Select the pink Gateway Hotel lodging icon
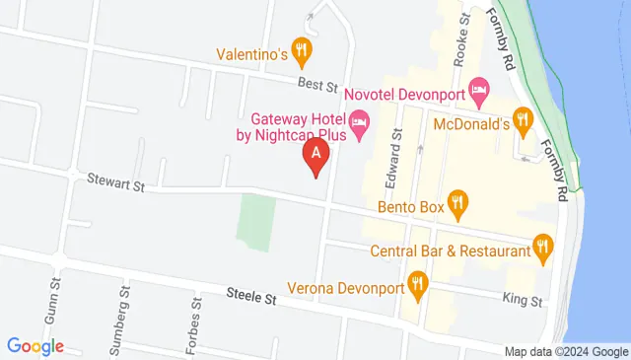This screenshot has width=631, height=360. pos(360,126)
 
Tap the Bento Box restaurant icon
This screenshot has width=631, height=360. pos(456,205)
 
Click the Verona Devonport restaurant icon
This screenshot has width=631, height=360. pos(418,288)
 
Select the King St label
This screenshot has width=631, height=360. pos(523,300)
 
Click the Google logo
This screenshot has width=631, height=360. pos(35,346)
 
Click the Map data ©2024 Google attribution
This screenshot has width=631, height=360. pos(566,351)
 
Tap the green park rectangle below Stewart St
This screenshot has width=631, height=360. pos(258,220)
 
